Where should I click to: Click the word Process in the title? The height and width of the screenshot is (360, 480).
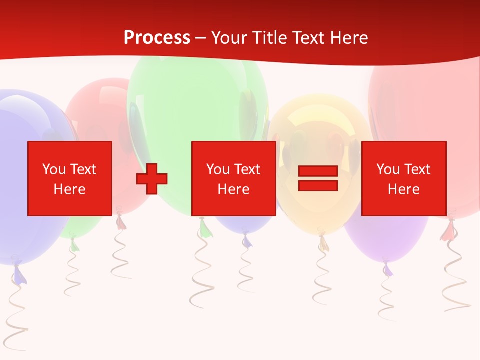point(157,38)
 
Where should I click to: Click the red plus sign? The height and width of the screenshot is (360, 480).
point(152,179)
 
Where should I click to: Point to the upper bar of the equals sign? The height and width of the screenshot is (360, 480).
point(318,171)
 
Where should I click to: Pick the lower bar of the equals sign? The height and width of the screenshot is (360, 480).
point(318,185)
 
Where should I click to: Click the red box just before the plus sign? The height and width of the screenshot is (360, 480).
point(69,178)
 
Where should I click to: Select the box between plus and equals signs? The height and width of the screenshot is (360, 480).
point(233,178)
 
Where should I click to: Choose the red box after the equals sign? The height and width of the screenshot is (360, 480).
point(403,178)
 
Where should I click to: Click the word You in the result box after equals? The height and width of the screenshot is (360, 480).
point(388,169)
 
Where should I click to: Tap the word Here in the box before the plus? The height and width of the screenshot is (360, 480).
point(69,189)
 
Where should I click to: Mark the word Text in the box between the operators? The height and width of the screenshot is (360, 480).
point(247,169)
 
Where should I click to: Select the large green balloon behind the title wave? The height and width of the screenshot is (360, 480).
point(197,100)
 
